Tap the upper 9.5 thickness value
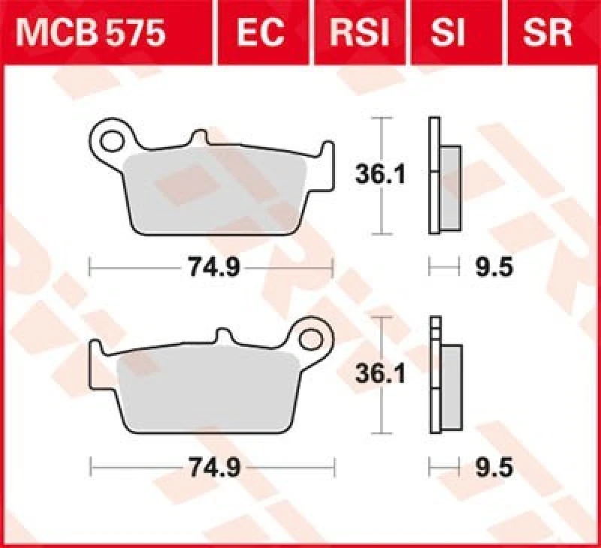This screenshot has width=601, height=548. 493,267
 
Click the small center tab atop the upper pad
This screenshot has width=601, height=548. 199,138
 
